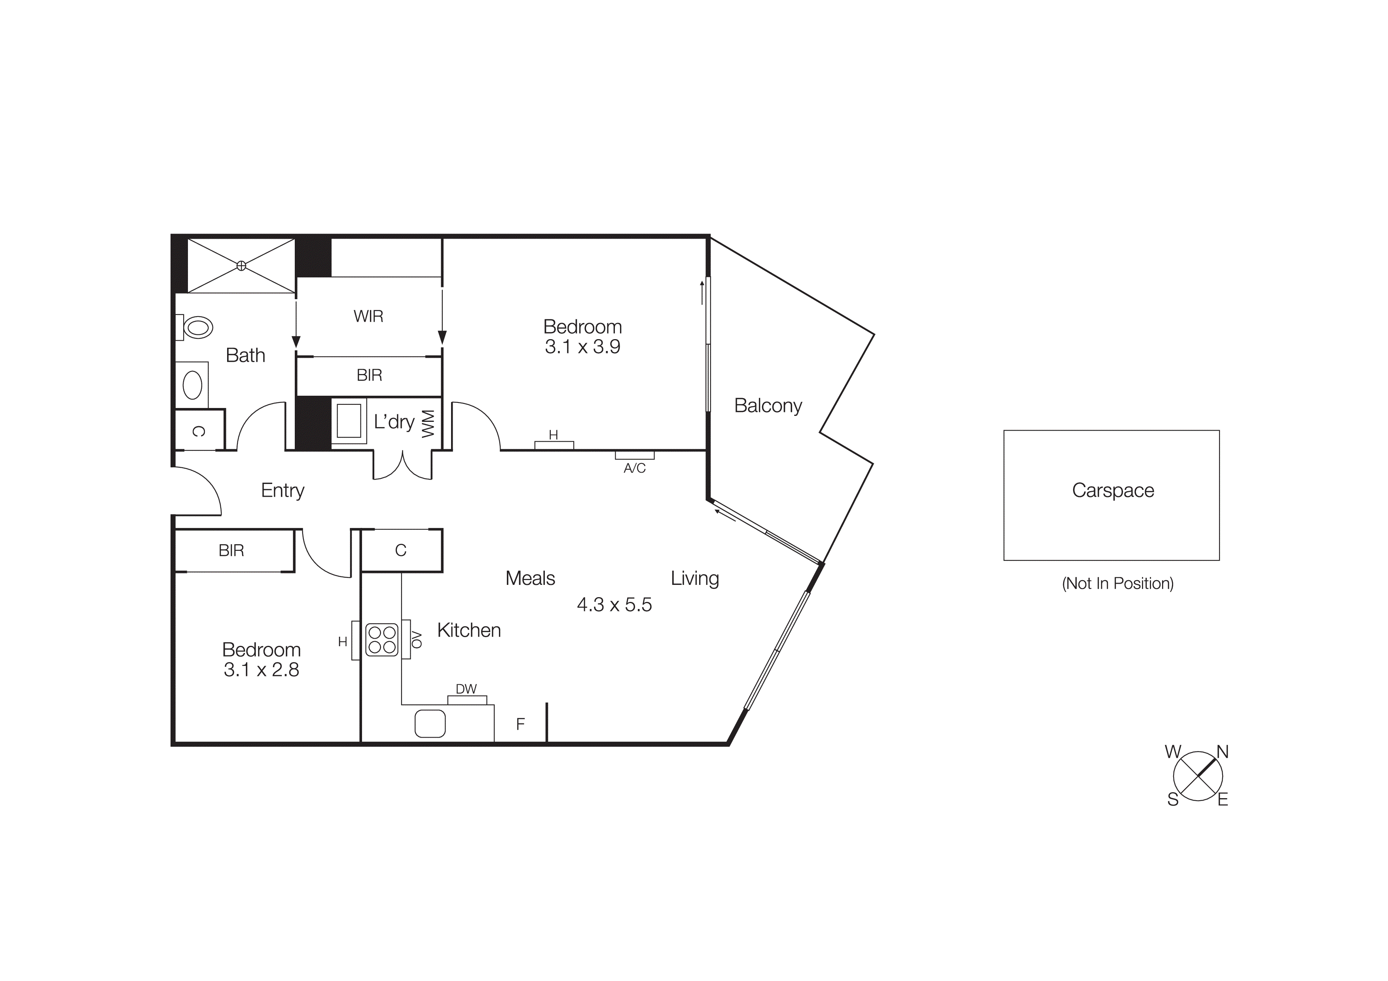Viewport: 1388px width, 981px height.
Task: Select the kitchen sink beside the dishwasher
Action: [430, 723]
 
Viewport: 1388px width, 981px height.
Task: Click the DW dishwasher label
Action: [466, 689]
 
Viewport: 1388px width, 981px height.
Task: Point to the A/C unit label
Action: [634, 468]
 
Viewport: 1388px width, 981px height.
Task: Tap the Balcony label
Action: [768, 406]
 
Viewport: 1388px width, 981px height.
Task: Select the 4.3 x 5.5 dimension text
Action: [614, 604]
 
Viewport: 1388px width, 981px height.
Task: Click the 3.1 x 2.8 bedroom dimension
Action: [261, 670]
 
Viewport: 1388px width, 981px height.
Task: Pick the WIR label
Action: [368, 316]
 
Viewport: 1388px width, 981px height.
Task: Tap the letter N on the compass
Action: [1222, 752]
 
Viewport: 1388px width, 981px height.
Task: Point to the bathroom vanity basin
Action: [192, 385]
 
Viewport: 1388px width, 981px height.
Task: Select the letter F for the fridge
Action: [520, 724]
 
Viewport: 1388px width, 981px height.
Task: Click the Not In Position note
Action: [1117, 583]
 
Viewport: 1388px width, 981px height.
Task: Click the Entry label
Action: [283, 490]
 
